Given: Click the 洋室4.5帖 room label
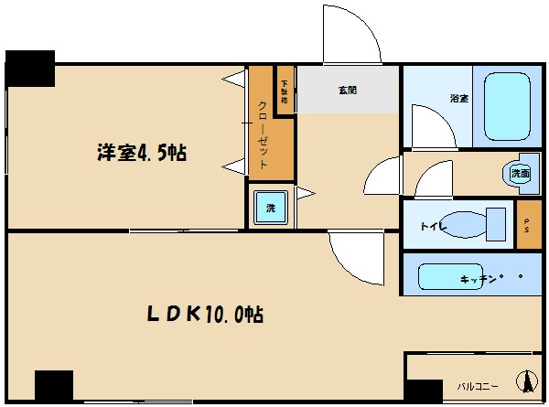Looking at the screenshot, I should point(142,153).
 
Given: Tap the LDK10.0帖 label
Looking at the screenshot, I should point(207,315).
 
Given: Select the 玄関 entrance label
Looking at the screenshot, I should point(347,91).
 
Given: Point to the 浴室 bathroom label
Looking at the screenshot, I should point(458,98).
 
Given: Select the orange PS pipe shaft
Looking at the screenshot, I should point(528,225).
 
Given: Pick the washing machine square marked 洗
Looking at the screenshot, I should point(271,207).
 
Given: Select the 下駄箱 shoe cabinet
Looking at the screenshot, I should point(285,91).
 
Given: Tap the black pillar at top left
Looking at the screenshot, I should point(30,68).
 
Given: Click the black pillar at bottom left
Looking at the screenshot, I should point(53,385).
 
